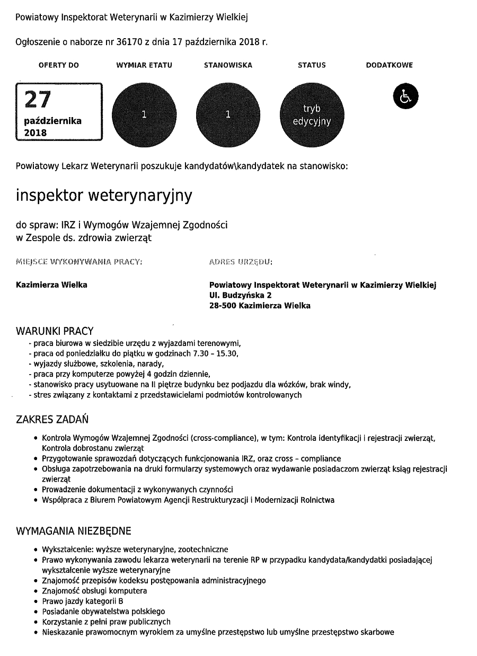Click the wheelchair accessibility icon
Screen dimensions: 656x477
[x=405, y=96]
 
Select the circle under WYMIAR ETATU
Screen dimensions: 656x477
[x=144, y=114]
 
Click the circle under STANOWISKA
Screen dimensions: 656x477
[x=228, y=114]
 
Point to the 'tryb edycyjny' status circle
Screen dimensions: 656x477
[x=312, y=114]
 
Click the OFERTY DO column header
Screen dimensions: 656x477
[x=59, y=65]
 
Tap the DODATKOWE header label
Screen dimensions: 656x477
[x=390, y=65]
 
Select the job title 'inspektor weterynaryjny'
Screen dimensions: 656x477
[x=104, y=195]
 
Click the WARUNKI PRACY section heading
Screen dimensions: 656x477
[x=55, y=331]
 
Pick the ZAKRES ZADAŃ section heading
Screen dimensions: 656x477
[x=52, y=420]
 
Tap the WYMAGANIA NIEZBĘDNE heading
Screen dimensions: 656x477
[x=74, y=531]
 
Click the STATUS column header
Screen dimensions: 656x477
[x=312, y=65]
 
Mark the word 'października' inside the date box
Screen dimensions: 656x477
[x=53, y=121]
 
